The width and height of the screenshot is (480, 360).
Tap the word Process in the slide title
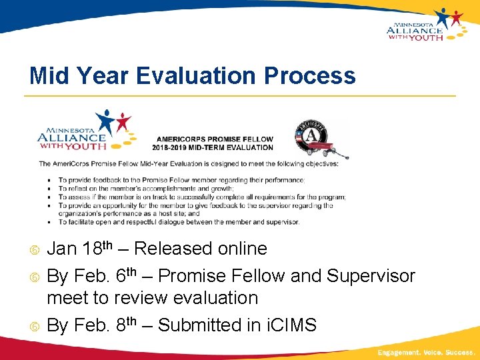(310, 76)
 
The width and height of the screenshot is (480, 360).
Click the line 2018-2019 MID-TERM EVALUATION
(213, 147)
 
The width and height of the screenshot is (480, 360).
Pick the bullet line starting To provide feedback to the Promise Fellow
(181, 180)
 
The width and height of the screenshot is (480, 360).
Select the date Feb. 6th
(101, 275)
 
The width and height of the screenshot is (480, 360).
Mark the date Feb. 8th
(101, 325)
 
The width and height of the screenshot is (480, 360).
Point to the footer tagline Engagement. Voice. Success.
(425, 351)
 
